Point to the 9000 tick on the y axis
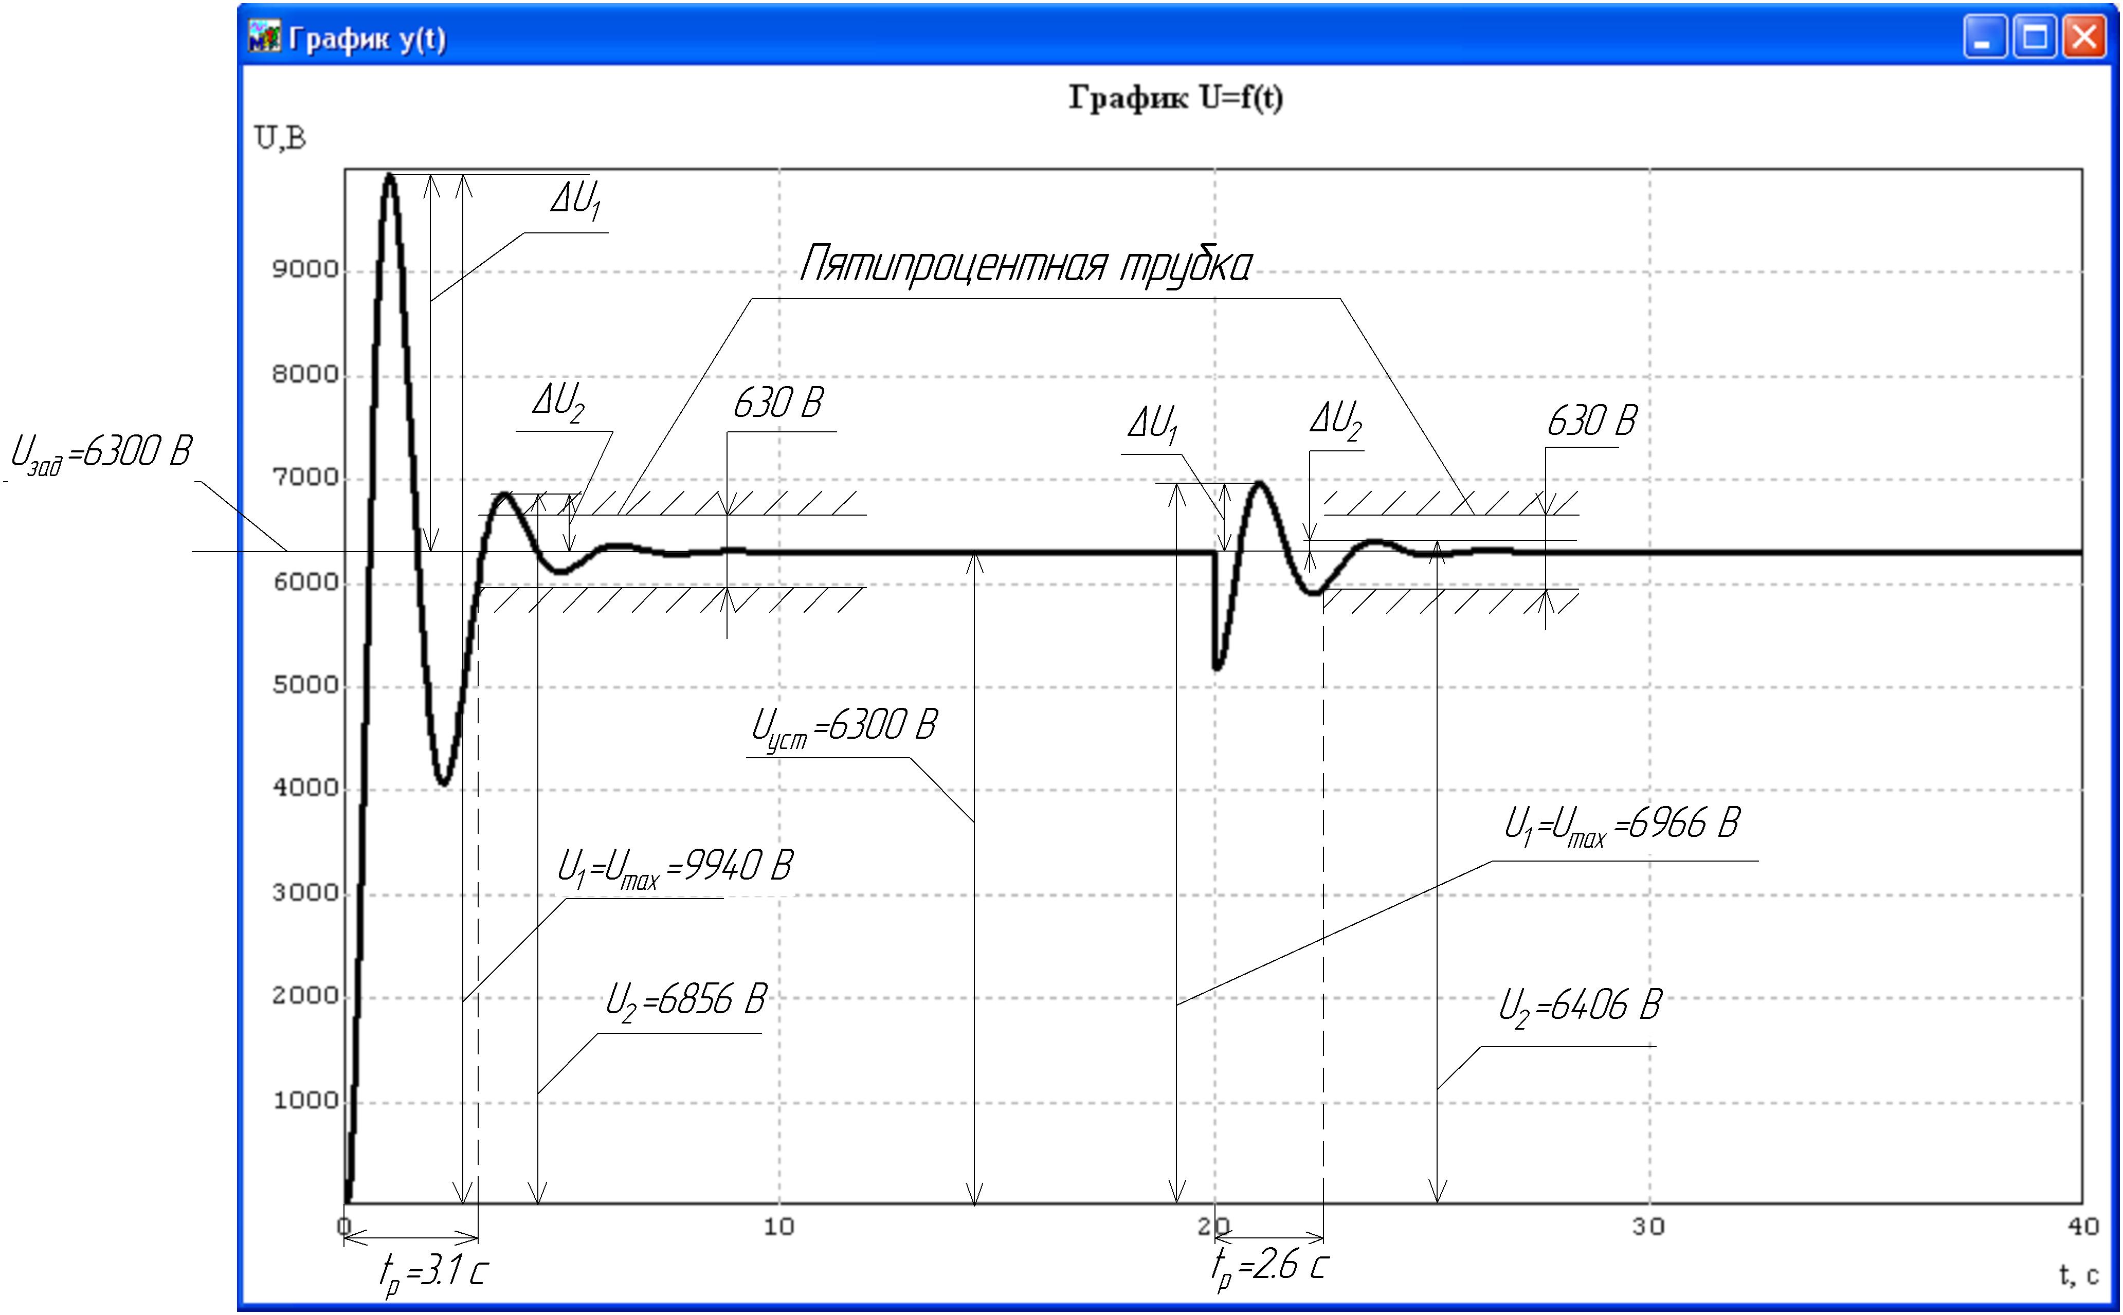pyautogui.click(x=304, y=269)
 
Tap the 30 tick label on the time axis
pyautogui.click(x=1648, y=1226)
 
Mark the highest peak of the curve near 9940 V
pyautogui.click(x=390, y=175)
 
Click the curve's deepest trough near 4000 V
pyautogui.click(x=444, y=783)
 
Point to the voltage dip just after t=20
pyautogui.click(x=1217, y=667)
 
